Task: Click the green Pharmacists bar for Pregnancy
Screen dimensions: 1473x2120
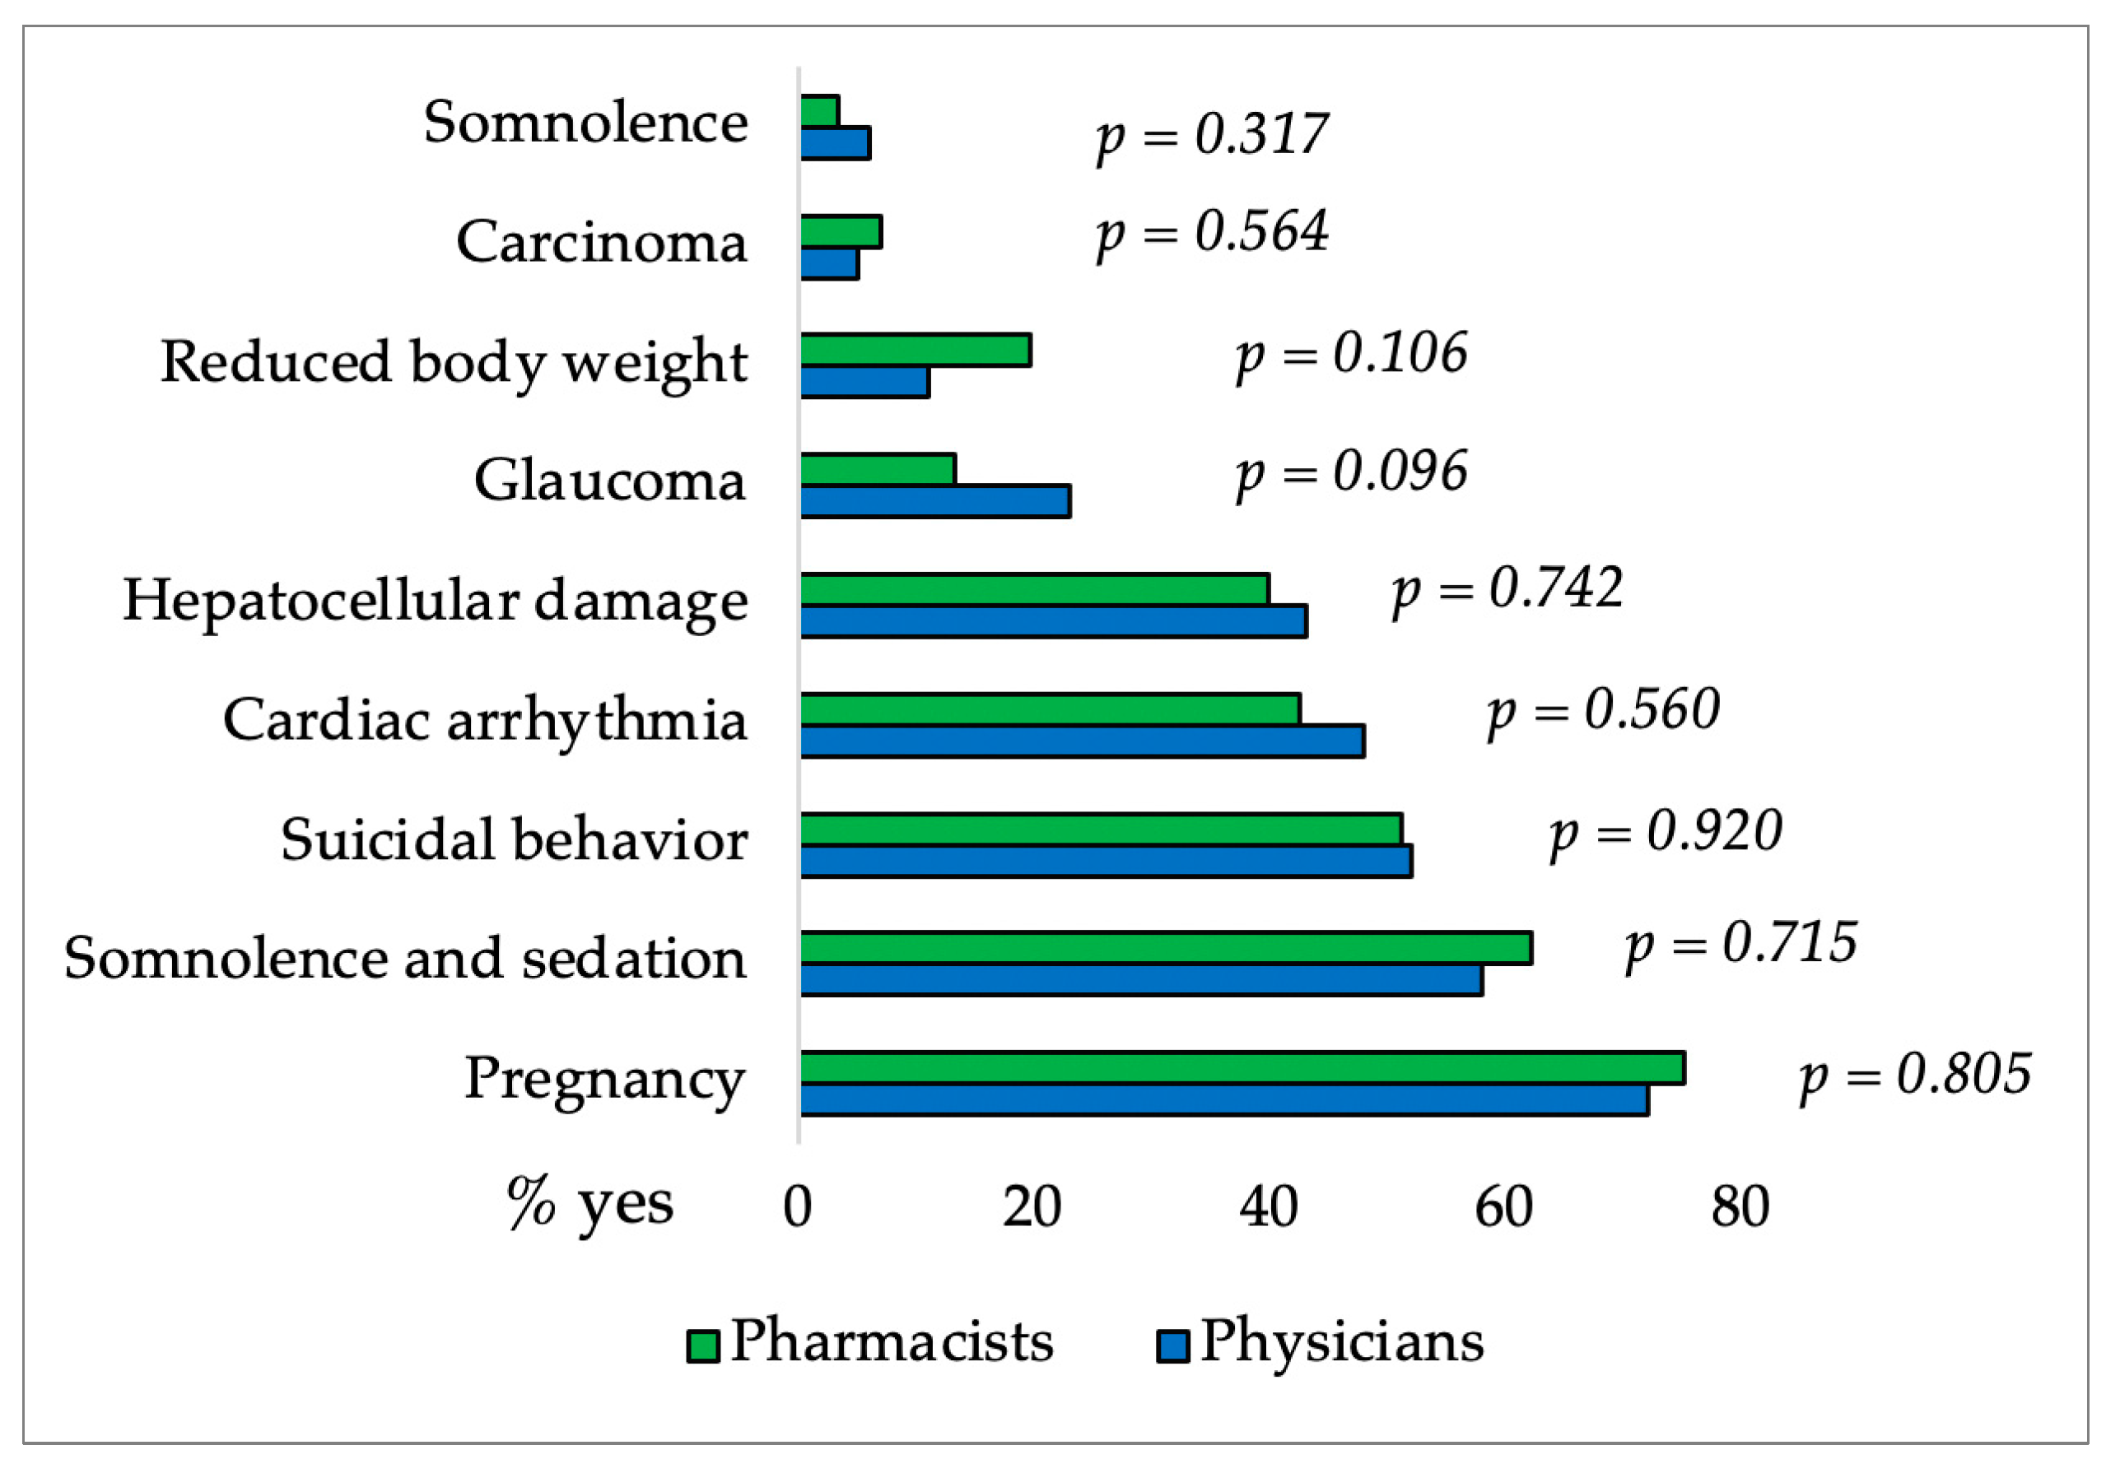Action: point(1242,1068)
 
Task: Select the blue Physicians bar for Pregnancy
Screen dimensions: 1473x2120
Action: point(1223,1100)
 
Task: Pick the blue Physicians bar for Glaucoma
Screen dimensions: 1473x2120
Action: point(934,502)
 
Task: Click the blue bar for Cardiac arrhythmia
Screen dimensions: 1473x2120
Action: point(1081,742)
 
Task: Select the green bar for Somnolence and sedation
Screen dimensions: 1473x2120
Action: point(1165,949)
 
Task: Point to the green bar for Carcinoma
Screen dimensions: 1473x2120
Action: point(841,233)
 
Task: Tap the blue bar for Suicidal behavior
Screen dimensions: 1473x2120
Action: point(1105,861)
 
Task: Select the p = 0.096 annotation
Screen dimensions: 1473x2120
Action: point(1352,472)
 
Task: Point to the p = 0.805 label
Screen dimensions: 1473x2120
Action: point(1916,1076)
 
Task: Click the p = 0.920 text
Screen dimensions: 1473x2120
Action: point(1666,833)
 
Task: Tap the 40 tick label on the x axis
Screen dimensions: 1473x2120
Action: point(1268,1207)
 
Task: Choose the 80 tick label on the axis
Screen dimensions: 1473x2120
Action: point(1740,1207)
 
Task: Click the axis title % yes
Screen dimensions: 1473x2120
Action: point(591,1204)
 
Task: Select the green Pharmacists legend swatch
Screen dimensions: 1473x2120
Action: point(702,1346)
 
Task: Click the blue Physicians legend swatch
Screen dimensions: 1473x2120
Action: point(1172,1346)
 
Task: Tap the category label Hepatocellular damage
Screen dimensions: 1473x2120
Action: point(435,601)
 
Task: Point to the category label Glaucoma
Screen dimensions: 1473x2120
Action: point(609,481)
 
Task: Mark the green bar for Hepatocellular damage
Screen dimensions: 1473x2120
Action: point(1034,590)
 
